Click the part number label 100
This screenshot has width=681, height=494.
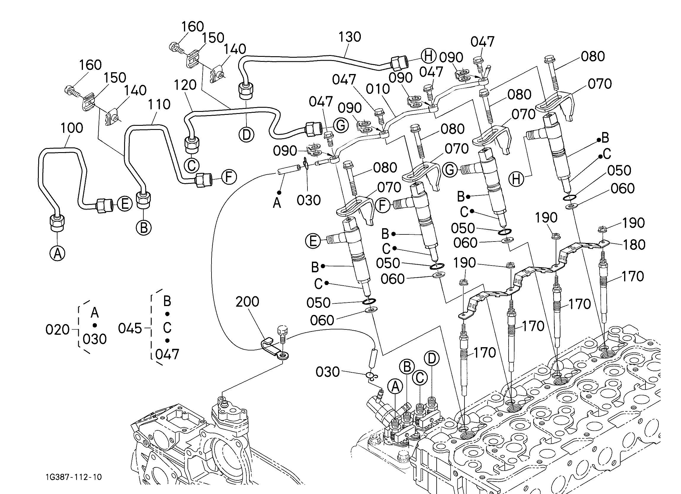coord(72,128)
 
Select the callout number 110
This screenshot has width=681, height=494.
coord(159,104)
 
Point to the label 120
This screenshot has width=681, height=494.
coord(185,85)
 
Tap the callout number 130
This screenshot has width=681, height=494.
coord(350,37)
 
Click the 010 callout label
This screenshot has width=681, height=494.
coord(378,89)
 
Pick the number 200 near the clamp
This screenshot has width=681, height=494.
coord(247,302)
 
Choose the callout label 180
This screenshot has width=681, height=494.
coord(634,245)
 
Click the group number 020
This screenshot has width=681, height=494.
coord(57,330)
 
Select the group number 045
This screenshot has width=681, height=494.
coord(130,328)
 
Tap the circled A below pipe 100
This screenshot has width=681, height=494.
coord(57,254)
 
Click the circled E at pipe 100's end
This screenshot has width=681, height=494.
coord(125,204)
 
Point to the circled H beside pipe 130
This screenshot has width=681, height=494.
coord(429,56)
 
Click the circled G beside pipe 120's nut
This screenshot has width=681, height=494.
coord(341,125)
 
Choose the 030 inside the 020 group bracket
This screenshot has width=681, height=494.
coord(94,339)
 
